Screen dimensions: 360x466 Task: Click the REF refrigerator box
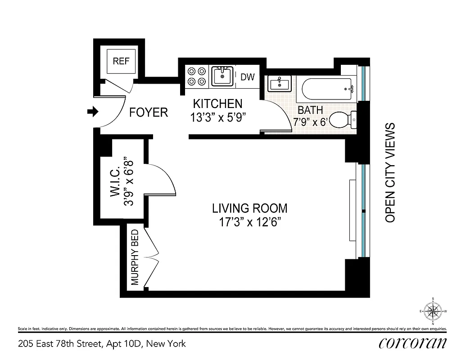point(121,62)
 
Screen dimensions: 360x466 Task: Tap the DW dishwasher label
point(247,77)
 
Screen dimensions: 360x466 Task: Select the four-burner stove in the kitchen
point(197,76)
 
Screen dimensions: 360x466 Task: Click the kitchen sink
point(222,76)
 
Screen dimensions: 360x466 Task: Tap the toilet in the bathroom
point(343,120)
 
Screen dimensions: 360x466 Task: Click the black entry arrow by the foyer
point(92,112)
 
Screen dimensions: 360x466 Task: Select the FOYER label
point(148,112)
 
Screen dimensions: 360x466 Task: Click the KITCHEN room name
point(217,104)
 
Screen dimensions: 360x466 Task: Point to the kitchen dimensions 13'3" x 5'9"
point(218,118)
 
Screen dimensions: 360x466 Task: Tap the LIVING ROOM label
point(249,208)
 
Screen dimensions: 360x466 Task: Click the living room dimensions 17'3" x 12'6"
point(249,222)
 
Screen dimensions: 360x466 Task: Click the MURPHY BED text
point(135,257)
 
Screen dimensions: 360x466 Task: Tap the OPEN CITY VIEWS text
point(390,172)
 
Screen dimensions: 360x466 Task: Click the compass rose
point(433,311)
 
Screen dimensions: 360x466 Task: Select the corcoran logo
point(413,343)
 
